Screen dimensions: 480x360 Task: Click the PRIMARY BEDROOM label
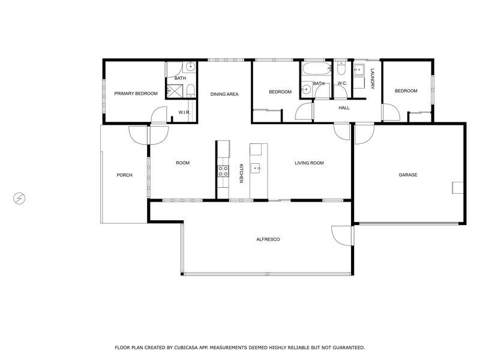tap(136, 94)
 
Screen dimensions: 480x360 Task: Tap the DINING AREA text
tap(224, 94)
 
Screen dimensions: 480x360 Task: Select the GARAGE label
tap(408, 175)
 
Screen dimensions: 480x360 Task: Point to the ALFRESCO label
tap(268, 239)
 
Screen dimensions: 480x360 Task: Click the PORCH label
tap(125, 175)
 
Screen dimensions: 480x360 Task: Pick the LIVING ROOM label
tap(309, 163)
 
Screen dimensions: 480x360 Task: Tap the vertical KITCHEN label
tap(241, 173)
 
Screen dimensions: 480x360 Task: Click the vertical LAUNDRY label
tap(373, 79)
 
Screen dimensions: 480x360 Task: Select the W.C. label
tap(342, 83)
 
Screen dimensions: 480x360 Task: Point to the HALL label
tap(344, 108)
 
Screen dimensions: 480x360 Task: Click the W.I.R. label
tap(184, 112)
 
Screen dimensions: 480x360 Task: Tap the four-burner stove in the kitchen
tap(223, 172)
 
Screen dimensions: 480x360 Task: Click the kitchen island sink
tap(256, 168)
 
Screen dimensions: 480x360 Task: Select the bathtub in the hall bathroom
tap(317, 69)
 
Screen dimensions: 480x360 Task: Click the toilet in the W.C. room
tap(341, 68)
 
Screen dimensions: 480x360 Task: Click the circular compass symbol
tap(19, 199)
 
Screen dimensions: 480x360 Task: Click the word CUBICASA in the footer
tap(187, 347)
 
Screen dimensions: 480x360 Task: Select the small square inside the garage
tap(458, 188)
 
